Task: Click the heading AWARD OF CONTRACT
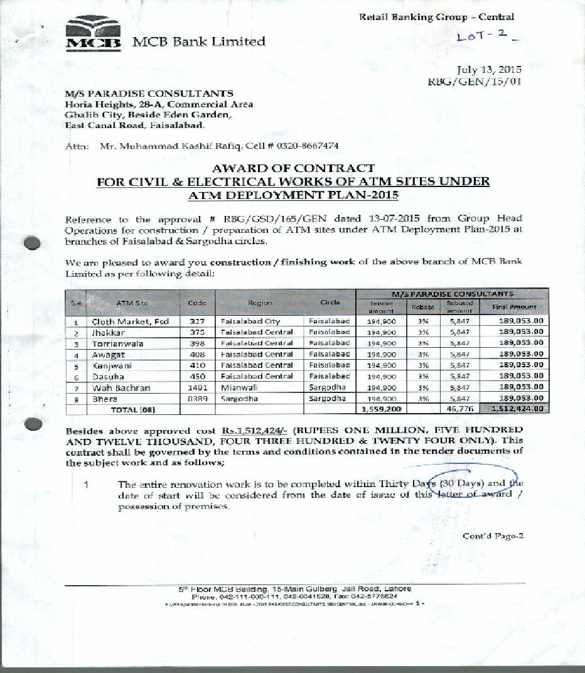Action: pyautogui.click(x=293, y=168)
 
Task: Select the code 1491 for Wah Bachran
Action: pyautogui.click(x=197, y=387)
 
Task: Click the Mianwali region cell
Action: pyautogui.click(x=239, y=387)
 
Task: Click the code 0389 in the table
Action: pyautogui.click(x=197, y=399)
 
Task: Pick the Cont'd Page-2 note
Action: pyautogui.click(x=493, y=536)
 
